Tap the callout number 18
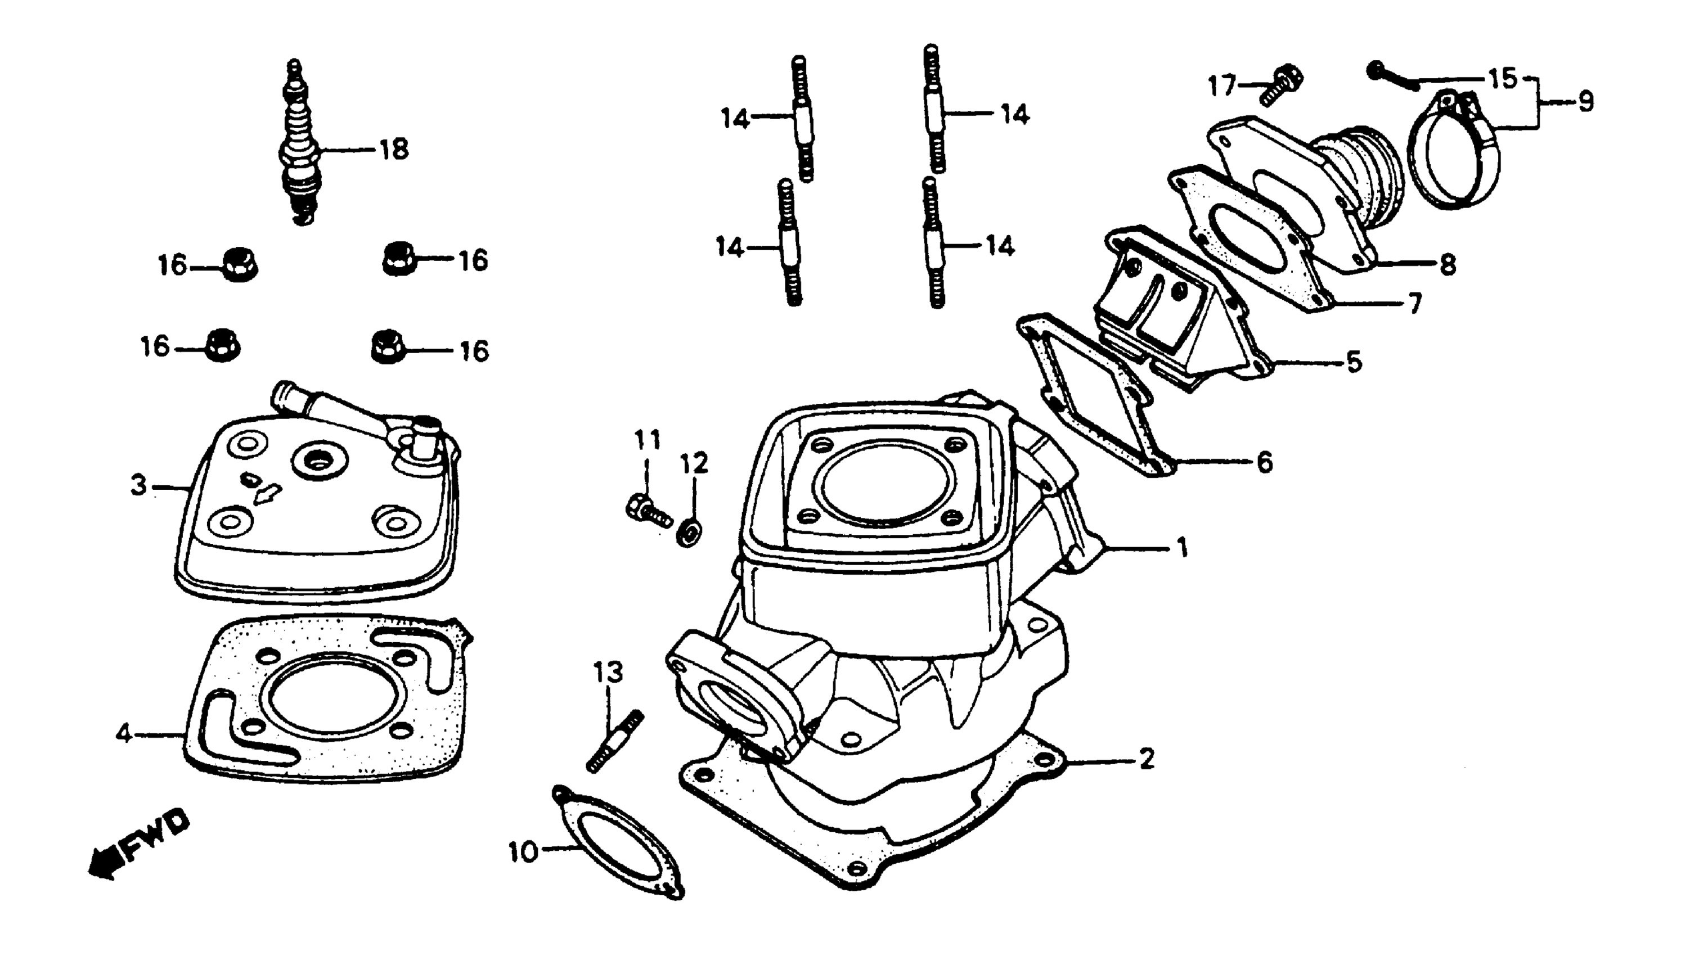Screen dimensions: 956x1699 (394, 150)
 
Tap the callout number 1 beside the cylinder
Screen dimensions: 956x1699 (1183, 547)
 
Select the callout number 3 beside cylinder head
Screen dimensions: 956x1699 (138, 486)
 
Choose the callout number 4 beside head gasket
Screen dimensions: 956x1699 (123, 733)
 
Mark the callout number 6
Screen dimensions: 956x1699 (1264, 463)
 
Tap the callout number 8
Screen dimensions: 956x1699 (1447, 264)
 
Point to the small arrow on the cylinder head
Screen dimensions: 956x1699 (267, 493)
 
